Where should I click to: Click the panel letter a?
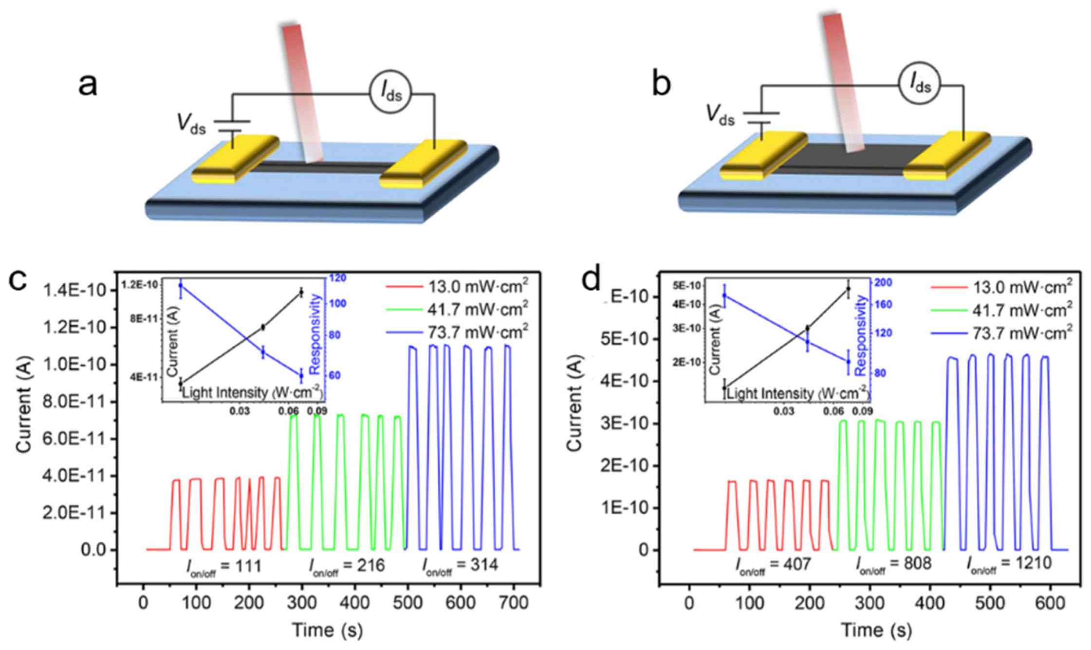tap(88, 85)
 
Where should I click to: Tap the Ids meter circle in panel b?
tap(919, 84)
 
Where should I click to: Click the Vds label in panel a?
tap(191, 125)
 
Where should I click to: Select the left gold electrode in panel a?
tap(236, 159)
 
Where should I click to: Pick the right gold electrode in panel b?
tap(947, 155)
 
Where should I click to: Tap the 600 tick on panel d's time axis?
tap(1050, 603)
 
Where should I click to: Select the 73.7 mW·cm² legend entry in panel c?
tap(458, 332)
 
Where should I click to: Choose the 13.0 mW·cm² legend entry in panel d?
tap(1002, 286)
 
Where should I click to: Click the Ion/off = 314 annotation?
tap(460, 566)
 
